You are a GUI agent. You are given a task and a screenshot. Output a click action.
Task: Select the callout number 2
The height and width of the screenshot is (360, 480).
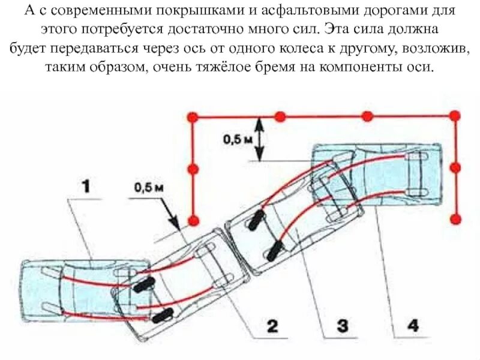pos(271,327)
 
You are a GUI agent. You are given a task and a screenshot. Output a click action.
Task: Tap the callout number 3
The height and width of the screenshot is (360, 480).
pos(341,327)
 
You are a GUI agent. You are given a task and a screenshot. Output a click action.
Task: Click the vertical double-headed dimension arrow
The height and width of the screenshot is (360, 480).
pos(259,139)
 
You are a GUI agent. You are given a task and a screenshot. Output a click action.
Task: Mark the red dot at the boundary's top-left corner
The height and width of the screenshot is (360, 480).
pos(192,118)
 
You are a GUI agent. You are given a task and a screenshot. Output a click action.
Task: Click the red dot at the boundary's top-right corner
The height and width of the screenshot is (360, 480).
pos(455,118)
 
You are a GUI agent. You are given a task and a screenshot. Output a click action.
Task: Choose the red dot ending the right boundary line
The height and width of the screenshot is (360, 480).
pos(455,218)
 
